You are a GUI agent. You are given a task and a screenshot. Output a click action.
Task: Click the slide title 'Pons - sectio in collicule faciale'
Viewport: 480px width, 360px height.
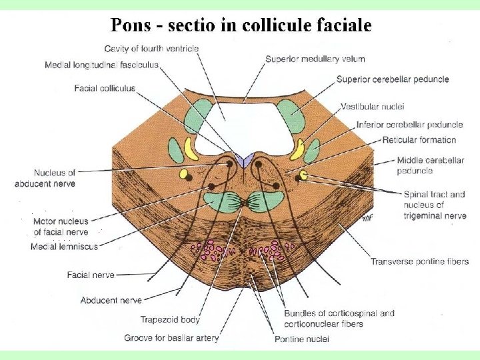pyautogui.click(x=241, y=25)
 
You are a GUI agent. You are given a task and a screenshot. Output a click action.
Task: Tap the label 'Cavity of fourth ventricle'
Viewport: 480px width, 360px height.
pyautogui.click(x=151, y=48)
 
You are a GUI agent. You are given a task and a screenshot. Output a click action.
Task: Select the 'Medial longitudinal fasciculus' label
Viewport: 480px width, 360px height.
pyautogui.click(x=101, y=65)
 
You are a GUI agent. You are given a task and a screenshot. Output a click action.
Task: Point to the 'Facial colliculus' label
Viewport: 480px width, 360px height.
pyautogui.click(x=105, y=88)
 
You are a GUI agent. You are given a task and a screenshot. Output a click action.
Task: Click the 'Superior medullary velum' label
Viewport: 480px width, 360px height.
pyautogui.click(x=315, y=59)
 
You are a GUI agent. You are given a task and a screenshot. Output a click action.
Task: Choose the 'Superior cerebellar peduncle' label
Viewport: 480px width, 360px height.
pyautogui.click(x=393, y=79)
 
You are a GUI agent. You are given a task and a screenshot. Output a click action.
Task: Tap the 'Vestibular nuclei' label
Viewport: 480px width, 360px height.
pyautogui.click(x=372, y=106)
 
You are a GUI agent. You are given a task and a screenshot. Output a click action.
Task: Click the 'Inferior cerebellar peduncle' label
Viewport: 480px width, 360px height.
pyautogui.click(x=409, y=125)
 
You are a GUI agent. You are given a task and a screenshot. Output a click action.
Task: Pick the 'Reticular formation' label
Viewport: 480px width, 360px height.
pyautogui.click(x=419, y=140)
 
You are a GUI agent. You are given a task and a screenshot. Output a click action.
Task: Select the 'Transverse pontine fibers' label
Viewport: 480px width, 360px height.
pyautogui.click(x=420, y=261)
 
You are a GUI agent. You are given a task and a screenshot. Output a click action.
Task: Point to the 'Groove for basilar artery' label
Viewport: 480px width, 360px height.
pyautogui.click(x=171, y=338)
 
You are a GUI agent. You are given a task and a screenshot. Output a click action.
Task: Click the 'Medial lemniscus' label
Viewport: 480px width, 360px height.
pyautogui.click(x=64, y=247)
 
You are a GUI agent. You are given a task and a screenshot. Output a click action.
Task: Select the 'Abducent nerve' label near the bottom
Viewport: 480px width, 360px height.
pyautogui.click(x=111, y=301)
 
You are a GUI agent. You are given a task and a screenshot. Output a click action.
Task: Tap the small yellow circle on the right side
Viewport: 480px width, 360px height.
pyautogui.click(x=304, y=175)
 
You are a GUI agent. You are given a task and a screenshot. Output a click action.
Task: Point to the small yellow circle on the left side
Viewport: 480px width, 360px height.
pyautogui.click(x=184, y=174)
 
